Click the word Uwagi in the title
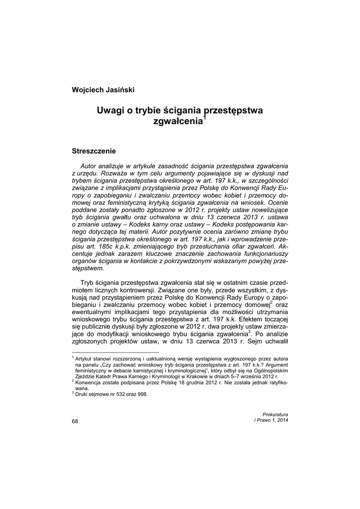coord(111,110)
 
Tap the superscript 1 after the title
coord(204,117)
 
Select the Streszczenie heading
coord(94,150)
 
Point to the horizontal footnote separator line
coord(115,352)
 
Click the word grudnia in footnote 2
coord(180,383)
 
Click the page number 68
coord(75,422)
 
